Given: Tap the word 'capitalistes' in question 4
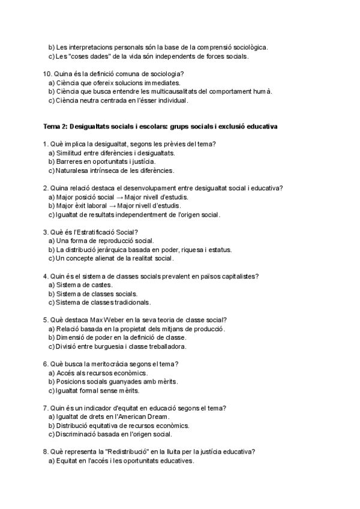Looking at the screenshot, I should pos(239,276).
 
